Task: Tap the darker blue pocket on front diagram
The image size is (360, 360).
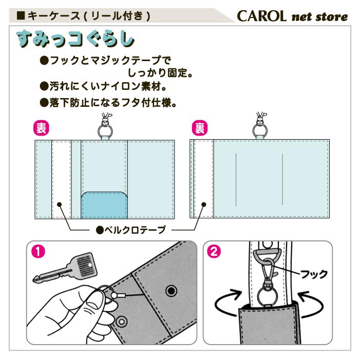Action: pyautogui.click(x=105, y=205)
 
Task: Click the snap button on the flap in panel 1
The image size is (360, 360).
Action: pyautogui.click(x=169, y=292)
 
